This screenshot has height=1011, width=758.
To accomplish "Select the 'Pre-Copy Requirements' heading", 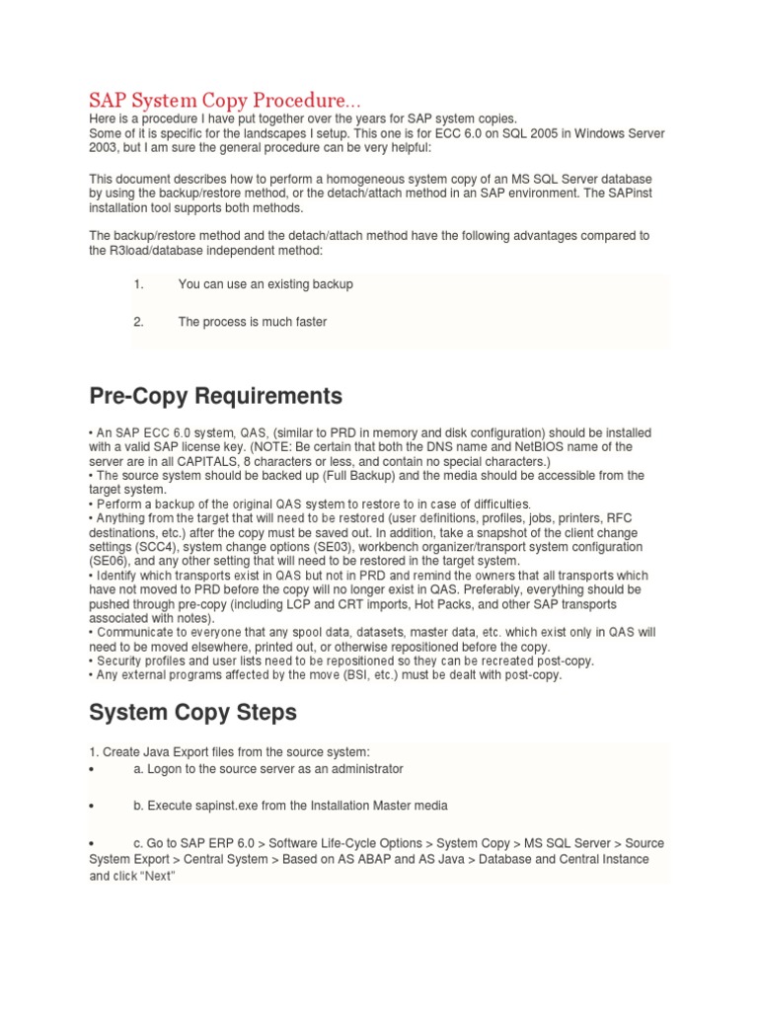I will coord(216,396).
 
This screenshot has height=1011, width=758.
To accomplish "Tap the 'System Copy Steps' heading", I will coord(192,712).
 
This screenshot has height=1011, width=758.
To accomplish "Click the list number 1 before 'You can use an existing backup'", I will coord(138,284).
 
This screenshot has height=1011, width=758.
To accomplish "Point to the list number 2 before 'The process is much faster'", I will coord(138,322).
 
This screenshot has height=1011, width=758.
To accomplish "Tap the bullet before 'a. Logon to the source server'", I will coord(92,769).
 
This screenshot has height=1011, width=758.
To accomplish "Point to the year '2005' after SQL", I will coord(543,133).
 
